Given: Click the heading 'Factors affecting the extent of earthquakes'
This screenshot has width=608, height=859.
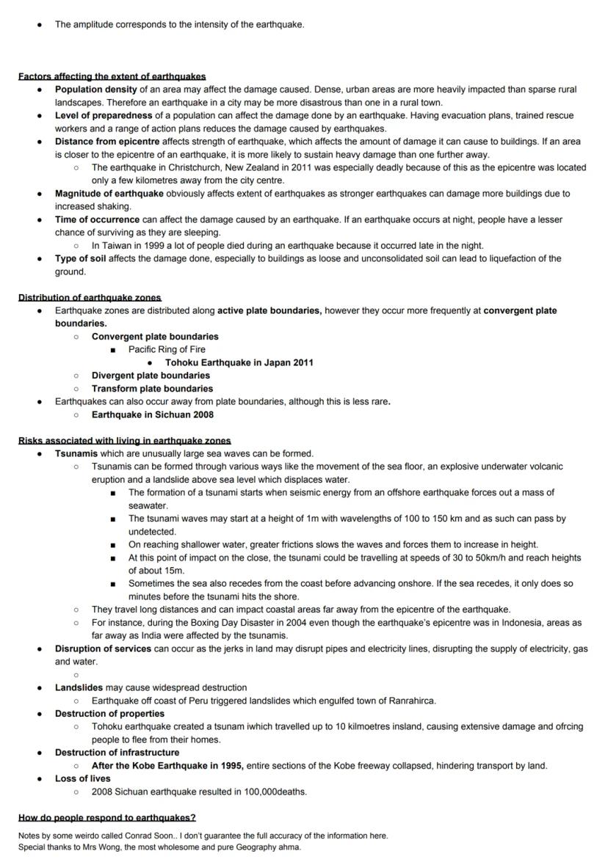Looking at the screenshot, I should click(x=112, y=76).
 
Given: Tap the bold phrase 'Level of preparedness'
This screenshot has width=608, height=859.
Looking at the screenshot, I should click(x=104, y=116).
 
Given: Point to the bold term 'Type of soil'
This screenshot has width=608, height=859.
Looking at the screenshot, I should click(x=81, y=259).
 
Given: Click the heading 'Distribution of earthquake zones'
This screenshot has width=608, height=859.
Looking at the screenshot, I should click(x=90, y=298).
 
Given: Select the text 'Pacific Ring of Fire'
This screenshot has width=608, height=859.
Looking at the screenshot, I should click(x=167, y=350).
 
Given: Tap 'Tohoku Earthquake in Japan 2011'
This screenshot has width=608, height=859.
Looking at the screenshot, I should click(x=239, y=363).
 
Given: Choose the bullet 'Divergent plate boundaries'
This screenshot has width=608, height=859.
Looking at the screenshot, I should click(x=151, y=376).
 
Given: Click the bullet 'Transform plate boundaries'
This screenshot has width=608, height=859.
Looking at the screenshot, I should click(x=152, y=389).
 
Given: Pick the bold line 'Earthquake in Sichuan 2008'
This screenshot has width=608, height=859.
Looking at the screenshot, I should click(x=153, y=415).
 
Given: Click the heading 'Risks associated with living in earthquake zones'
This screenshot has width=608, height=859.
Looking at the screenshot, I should click(x=124, y=441).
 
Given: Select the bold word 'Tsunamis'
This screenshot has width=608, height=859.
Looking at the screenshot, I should click(x=76, y=454).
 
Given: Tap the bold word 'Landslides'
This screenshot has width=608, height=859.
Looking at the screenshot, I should click(x=79, y=688).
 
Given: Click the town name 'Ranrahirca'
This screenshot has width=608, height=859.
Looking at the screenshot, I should click(x=409, y=701).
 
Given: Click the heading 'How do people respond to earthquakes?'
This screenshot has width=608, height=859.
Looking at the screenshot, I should click(x=107, y=818).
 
